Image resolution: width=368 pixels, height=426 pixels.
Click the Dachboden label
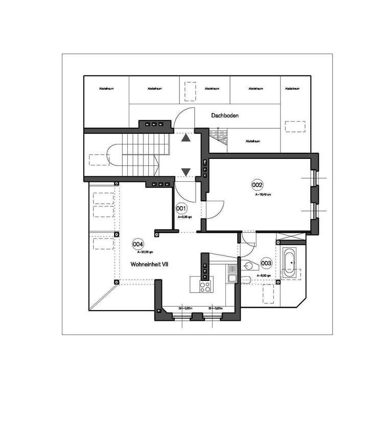[225, 116]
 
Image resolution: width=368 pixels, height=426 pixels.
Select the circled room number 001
[181, 208]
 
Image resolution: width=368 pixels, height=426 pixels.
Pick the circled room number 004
[137, 244]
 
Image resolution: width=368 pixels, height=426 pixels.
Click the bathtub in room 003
[290, 263]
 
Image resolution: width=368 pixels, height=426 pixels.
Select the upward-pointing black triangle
[185, 136]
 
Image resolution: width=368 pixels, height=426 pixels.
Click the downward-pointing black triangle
[185, 172]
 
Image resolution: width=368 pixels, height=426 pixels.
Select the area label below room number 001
[185, 217]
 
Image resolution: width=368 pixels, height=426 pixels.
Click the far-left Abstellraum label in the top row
[106, 89]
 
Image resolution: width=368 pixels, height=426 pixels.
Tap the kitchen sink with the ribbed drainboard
[232, 272]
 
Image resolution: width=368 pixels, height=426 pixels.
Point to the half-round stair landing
[112, 156]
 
